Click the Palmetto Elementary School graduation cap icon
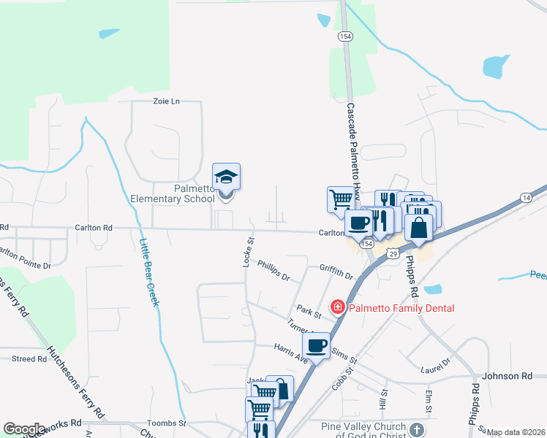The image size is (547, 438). pos(226,177)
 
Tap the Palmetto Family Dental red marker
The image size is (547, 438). pos(338,307)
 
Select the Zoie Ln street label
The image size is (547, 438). pos(166,101)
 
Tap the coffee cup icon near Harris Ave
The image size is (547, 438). pos(316,345)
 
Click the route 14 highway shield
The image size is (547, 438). pos(526,198)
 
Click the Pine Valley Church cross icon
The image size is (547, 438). pos(417,430)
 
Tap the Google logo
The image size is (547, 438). pos(24,429)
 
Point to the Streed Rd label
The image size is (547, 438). pos(29,358)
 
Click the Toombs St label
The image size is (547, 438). pos(167,423)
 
